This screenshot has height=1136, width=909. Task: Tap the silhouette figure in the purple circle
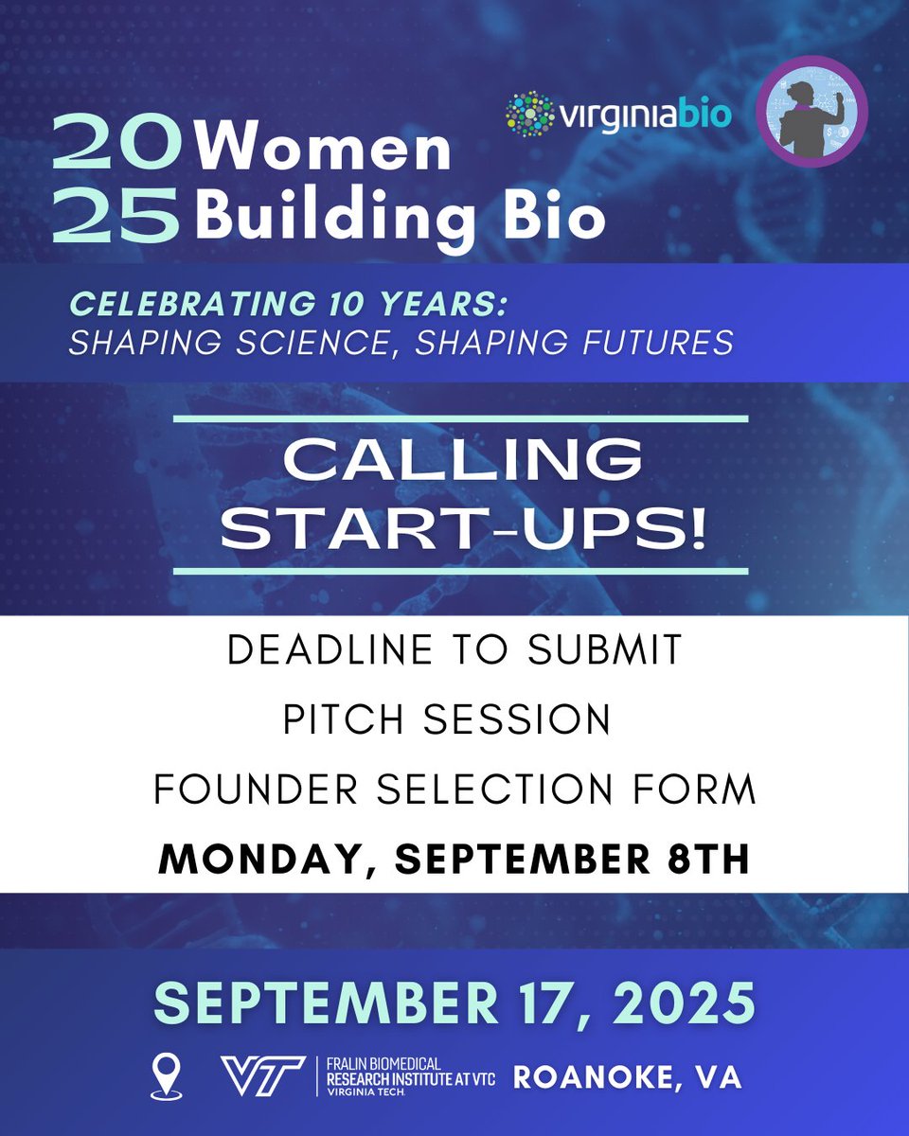tap(811, 112)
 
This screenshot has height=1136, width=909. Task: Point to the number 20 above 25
tap(116, 150)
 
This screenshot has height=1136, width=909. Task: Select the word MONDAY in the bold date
tap(267, 860)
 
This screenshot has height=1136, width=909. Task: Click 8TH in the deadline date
tap(714, 860)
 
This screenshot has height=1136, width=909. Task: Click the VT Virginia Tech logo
tap(262, 1076)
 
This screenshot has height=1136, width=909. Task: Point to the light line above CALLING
tap(462, 417)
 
